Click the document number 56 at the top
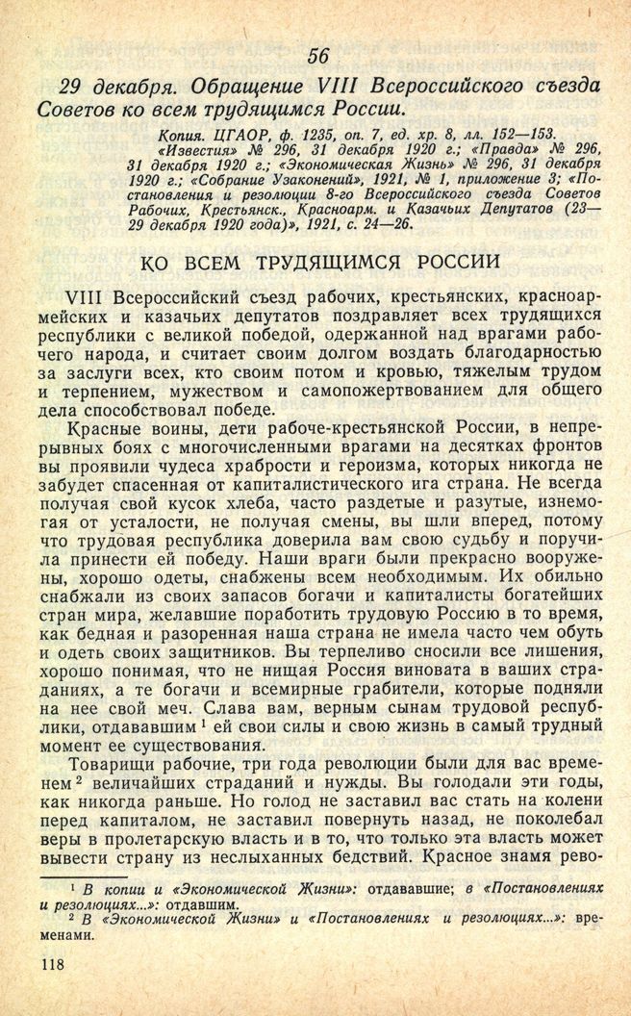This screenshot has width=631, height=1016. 318,56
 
